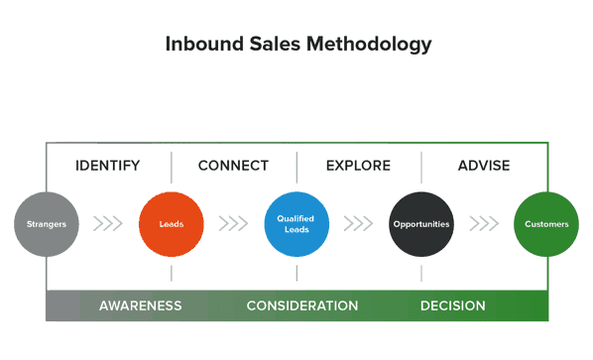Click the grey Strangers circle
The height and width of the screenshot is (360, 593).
click(46, 224)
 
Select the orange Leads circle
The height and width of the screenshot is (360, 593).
click(171, 224)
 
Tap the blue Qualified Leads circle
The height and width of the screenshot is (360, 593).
click(296, 224)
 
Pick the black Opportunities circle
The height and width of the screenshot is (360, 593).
click(420, 224)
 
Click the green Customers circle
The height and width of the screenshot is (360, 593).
click(546, 224)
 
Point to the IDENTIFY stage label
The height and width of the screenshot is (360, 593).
click(108, 166)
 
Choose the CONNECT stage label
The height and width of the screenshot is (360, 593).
click(233, 166)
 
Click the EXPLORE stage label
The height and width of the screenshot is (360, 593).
click(358, 166)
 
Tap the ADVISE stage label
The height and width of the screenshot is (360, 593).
click(484, 166)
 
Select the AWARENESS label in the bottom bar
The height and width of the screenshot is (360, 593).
click(140, 305)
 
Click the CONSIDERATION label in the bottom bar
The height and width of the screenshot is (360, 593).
click(302, 305)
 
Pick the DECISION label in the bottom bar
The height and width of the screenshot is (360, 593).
click(453, 305)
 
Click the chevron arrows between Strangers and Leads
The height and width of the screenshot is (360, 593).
click(108, 224)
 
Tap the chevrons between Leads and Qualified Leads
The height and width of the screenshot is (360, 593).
click(233, 224)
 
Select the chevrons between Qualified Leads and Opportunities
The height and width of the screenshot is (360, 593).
click(358, 224)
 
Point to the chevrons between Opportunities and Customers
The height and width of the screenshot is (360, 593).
click(484, 224)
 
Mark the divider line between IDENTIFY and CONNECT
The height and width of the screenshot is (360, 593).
click(171, 167)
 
